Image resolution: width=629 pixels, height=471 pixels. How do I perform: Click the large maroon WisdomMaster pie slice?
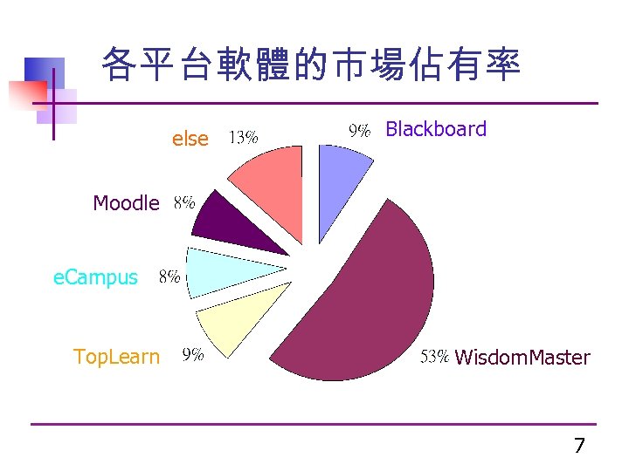tap(367, 297)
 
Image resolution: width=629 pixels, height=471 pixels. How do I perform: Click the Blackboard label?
tap(436, 130)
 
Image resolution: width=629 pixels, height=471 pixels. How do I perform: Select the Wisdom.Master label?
tap(522, 358)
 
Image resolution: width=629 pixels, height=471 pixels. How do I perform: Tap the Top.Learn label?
tap(117, 357)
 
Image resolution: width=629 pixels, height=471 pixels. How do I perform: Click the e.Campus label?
tap(96, 278)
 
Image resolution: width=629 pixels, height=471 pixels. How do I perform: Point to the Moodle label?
tap(127, 204)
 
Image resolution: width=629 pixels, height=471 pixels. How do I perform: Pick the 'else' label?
tap(190, 139)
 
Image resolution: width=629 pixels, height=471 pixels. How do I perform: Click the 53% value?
tap(435, 357)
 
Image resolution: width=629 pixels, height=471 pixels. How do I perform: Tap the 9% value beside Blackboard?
tap(361, 131)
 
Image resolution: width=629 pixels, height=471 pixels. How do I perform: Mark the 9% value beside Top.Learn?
tap(193, 355)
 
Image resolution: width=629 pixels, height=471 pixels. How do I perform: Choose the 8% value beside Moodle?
tap(184, 202)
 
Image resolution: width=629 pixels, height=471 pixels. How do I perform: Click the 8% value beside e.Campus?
tap(169, 277)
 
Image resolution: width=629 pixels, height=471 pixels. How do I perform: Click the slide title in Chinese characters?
tap(311, 66)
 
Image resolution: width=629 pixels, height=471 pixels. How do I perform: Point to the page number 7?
tap(579, 447)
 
